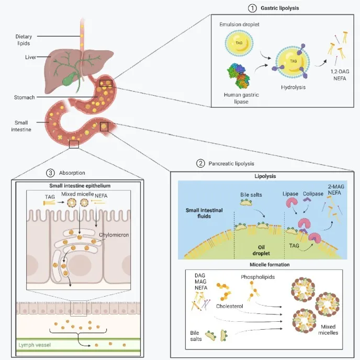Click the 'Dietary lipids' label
tap(25, 39)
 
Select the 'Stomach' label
tap(24, 97)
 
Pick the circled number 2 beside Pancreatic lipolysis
tap(200, 163)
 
